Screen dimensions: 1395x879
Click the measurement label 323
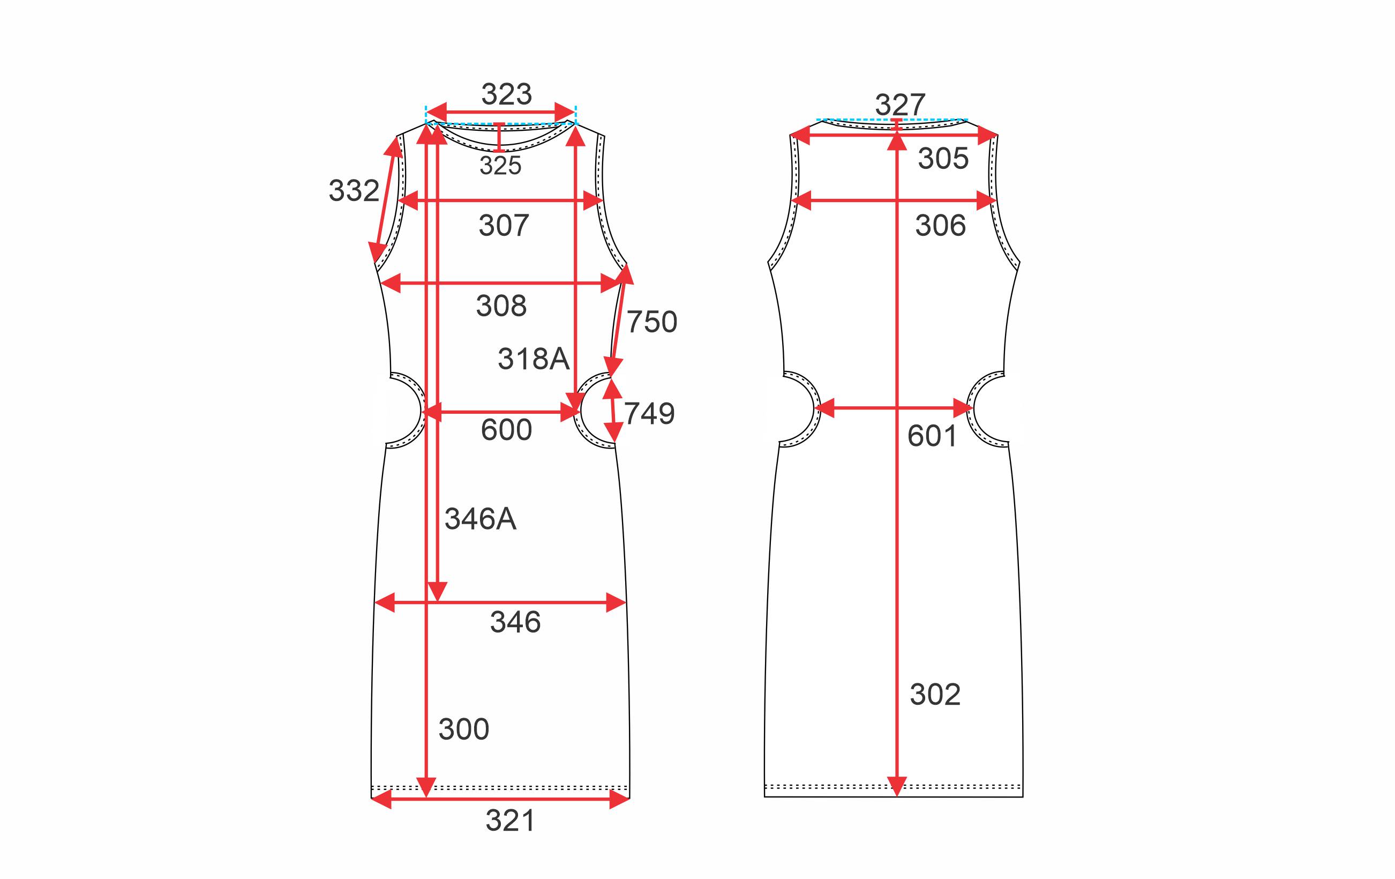coord(506,94)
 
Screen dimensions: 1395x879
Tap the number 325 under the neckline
coord(500,166)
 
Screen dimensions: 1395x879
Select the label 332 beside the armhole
coord(354,191)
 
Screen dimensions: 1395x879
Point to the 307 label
coord(504,226)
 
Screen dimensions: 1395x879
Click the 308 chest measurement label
coord(501,306)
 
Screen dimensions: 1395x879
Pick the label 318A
coord(534,359)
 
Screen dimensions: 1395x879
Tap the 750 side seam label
coord(652,322)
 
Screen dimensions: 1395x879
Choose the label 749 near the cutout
coord(649,414)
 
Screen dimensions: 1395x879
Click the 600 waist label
coord(506,430)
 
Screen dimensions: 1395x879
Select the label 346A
coord(480,519)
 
